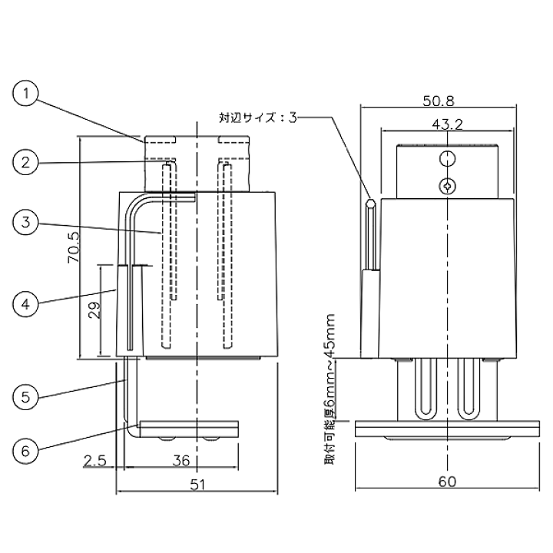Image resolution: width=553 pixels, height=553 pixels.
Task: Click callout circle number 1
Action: coord(26,94)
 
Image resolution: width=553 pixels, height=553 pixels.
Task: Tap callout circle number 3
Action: coord(26,224)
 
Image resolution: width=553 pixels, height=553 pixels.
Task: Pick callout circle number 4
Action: coord(26,303)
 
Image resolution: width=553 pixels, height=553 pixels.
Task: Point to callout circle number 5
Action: coord(26,397)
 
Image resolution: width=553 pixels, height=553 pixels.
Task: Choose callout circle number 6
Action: coord(26,450)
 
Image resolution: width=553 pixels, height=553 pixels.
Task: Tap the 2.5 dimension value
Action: coord(95,461)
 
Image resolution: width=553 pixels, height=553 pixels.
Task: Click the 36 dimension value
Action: coord(181,461)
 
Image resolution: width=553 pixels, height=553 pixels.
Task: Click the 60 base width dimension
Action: coord(446,482)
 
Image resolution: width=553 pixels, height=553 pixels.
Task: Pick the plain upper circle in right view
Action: coord(446,158)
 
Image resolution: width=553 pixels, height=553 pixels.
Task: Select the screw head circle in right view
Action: coord(446,184)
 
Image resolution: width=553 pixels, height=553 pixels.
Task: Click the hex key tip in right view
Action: coord(371,205)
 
